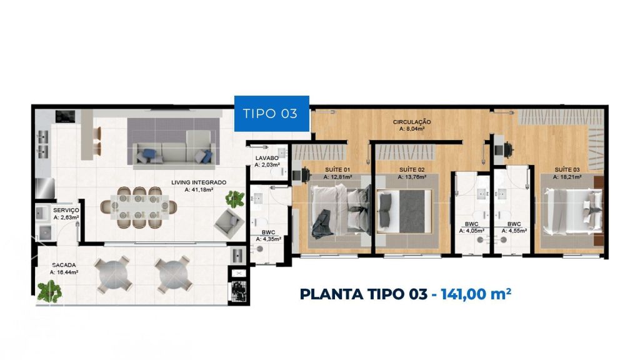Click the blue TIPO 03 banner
(271, 114)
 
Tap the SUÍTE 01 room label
(337, 170)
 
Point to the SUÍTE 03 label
(567, 170)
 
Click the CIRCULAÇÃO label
(412, 122)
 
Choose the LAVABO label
(267, 158)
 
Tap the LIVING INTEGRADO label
(199, 182)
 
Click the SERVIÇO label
(66, 210)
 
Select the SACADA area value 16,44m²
(67, 272)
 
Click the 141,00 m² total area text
(476, 294)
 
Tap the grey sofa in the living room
(174, 151)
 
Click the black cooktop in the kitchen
(65, 116)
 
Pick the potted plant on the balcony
(49, 291)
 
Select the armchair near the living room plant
(227, 223)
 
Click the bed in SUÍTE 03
(572, 211)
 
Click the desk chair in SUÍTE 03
(509, 149)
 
